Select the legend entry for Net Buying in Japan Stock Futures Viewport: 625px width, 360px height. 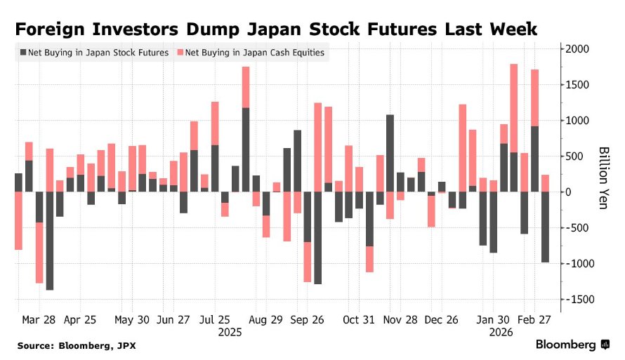pos(95,53)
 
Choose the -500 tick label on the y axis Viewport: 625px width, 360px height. pos(577,228)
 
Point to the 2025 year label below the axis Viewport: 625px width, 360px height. pos(230,332)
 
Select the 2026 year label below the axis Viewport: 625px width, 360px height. pos(500,332)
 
